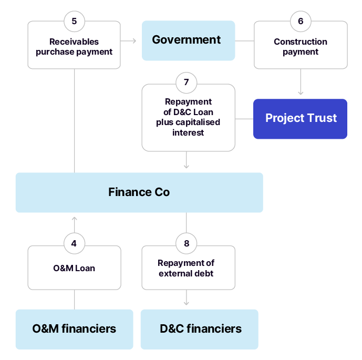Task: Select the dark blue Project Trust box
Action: coord(300,118)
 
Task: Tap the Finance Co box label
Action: coord(139,192)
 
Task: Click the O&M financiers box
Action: coord(74,329)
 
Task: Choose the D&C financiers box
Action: coord(200,329)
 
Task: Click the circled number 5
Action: coord(74,21)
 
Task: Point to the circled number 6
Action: coord(301,21)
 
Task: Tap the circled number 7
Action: coord(187,83)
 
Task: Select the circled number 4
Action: coord(74,243)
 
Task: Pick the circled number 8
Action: coord(187,243)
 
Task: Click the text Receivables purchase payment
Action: coord(74,47)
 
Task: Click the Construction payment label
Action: coord(301,47)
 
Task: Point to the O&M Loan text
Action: coord(74,268)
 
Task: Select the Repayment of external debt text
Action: coord(187,268)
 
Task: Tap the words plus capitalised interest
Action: coord(188,127)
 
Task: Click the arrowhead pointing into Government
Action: coord(134,40)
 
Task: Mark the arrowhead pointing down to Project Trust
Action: coord(301,92)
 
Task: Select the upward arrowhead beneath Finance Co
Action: coord(74,219)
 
